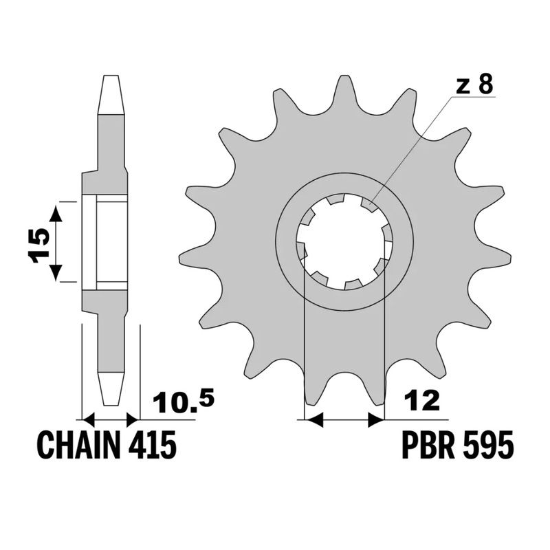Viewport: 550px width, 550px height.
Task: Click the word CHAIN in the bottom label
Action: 79,446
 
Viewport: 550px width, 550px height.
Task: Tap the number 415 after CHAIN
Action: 152,446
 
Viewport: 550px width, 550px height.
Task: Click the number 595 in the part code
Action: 487,446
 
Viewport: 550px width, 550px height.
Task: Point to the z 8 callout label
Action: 474,85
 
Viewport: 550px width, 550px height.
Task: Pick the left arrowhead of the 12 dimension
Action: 313,419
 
